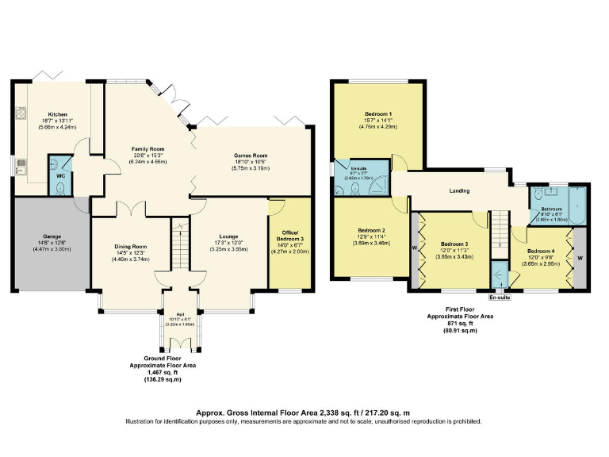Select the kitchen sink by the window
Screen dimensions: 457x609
tap(21, 166)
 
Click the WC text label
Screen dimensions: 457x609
tap(60, 175)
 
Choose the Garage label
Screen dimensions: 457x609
tap(52, 236)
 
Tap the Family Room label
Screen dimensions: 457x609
tap(147, 149)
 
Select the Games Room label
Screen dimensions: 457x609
tap(250, 156)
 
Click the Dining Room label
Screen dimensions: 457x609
tap(130, 247)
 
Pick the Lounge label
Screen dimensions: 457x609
tap(228, 236)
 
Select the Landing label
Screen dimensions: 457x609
tap(459, 190)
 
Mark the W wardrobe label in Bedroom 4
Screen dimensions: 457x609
tap(580, 258)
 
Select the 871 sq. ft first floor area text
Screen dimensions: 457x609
tap(460, 323)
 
